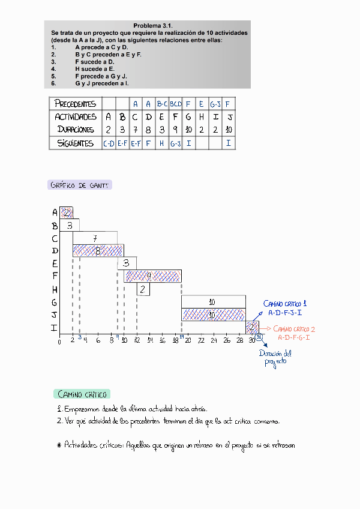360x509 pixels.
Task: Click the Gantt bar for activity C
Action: click(98, 238)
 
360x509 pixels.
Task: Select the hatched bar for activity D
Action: click(98, 250)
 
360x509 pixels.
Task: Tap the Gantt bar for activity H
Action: click(143, 289)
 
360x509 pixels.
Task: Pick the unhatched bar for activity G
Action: click(213, 301)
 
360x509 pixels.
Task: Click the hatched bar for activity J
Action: click(213, 314)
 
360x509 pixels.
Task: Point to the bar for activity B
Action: click(70, 226)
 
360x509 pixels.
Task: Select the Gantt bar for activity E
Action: click(127, 264)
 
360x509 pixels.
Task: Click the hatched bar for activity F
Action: click(152, 276)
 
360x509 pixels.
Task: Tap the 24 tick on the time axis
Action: click(213, 342)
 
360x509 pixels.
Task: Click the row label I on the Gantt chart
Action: click(55, 328)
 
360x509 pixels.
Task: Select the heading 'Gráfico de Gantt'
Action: click(79, 185)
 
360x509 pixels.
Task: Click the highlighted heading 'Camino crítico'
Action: click(82, 394)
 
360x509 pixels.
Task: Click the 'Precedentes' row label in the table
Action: click(75, 103)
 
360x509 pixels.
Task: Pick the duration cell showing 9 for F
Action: click(175, 130)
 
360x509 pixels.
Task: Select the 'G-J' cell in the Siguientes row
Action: click(175, 144)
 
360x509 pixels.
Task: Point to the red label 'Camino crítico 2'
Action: click(294, 329)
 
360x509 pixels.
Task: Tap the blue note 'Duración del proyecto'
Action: click(275, 358)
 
